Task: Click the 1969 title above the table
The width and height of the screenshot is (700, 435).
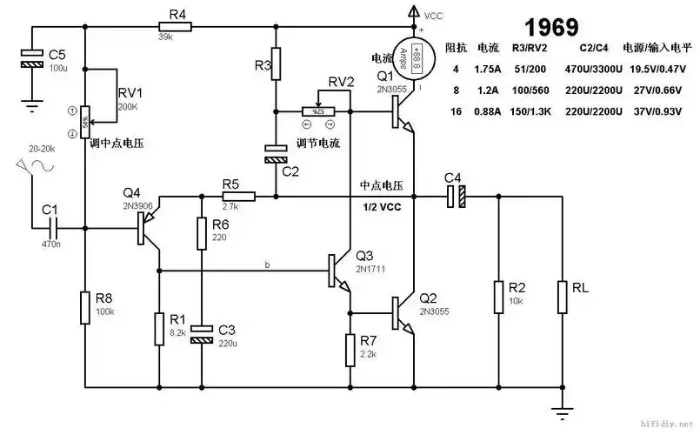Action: (x=547, y=25)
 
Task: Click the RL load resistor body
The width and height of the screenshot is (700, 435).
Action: (x=562, y=297)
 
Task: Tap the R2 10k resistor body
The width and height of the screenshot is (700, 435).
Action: (x=499, y=297)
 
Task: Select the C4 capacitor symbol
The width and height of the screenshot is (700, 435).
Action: (x=455, y=196)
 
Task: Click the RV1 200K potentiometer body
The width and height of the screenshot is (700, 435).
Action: (x=85, y=121)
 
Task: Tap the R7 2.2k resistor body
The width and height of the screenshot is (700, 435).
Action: (x=350, y=349)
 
